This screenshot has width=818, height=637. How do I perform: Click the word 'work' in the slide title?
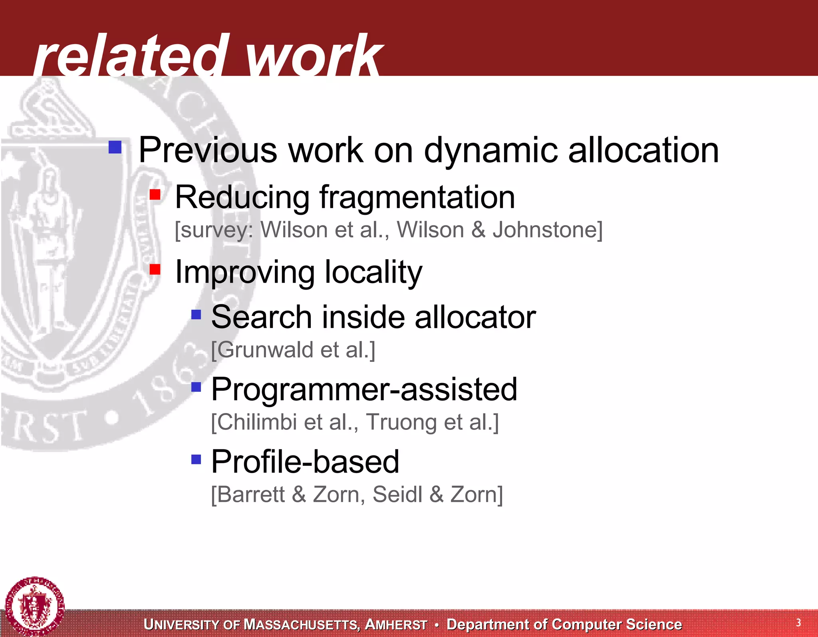314,56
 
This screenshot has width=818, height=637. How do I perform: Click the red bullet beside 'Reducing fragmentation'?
155,195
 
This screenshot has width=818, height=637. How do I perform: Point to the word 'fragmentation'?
417,198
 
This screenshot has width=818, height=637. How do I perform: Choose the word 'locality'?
373,272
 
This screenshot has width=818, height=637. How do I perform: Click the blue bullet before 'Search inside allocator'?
196,314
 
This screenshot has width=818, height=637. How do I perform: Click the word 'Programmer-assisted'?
364,389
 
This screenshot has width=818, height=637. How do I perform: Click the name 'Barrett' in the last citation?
251,495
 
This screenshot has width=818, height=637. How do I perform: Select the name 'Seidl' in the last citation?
397,495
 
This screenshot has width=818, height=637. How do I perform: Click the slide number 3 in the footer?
798,623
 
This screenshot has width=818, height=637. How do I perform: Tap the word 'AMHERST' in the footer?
396,625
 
